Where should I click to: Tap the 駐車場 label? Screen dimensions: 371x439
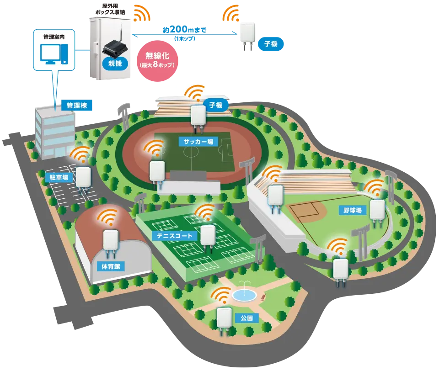click(59, 177)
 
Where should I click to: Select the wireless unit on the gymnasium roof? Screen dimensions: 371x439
click(112, 241)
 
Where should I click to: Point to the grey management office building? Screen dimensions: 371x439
click(54, 132)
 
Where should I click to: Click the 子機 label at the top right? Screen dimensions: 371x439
click(271, 44)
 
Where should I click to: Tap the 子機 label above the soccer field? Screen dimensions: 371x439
click(215, 105)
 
